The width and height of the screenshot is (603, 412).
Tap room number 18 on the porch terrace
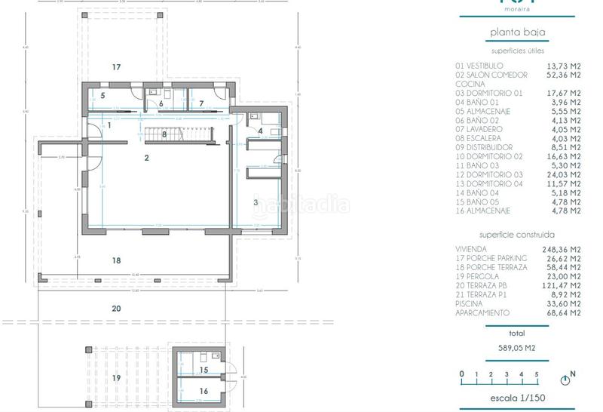[x=116, y=260]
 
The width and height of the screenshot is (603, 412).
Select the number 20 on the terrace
[x=116, y=308]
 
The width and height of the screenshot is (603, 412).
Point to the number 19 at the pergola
[x=116, y=377]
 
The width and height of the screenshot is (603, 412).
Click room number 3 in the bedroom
[x=256, y=202]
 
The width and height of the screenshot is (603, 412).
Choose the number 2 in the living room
[x=147, y=158]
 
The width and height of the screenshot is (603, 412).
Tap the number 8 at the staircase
[x=164, y=134]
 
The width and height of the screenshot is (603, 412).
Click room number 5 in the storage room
[x=103, y=95]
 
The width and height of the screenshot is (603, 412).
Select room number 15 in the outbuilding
[x=204, y=370]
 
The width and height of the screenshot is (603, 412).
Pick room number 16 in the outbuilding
[x=204, y=391]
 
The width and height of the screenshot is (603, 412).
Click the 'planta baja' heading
[x=517, y=32]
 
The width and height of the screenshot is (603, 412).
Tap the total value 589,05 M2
[x=517, y=348]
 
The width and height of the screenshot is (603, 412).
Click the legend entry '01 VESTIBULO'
[x=481, y=66]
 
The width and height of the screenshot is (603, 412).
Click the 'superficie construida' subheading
[x=517, y=235]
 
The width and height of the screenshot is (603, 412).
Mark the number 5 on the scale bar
[x=537, y=374]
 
